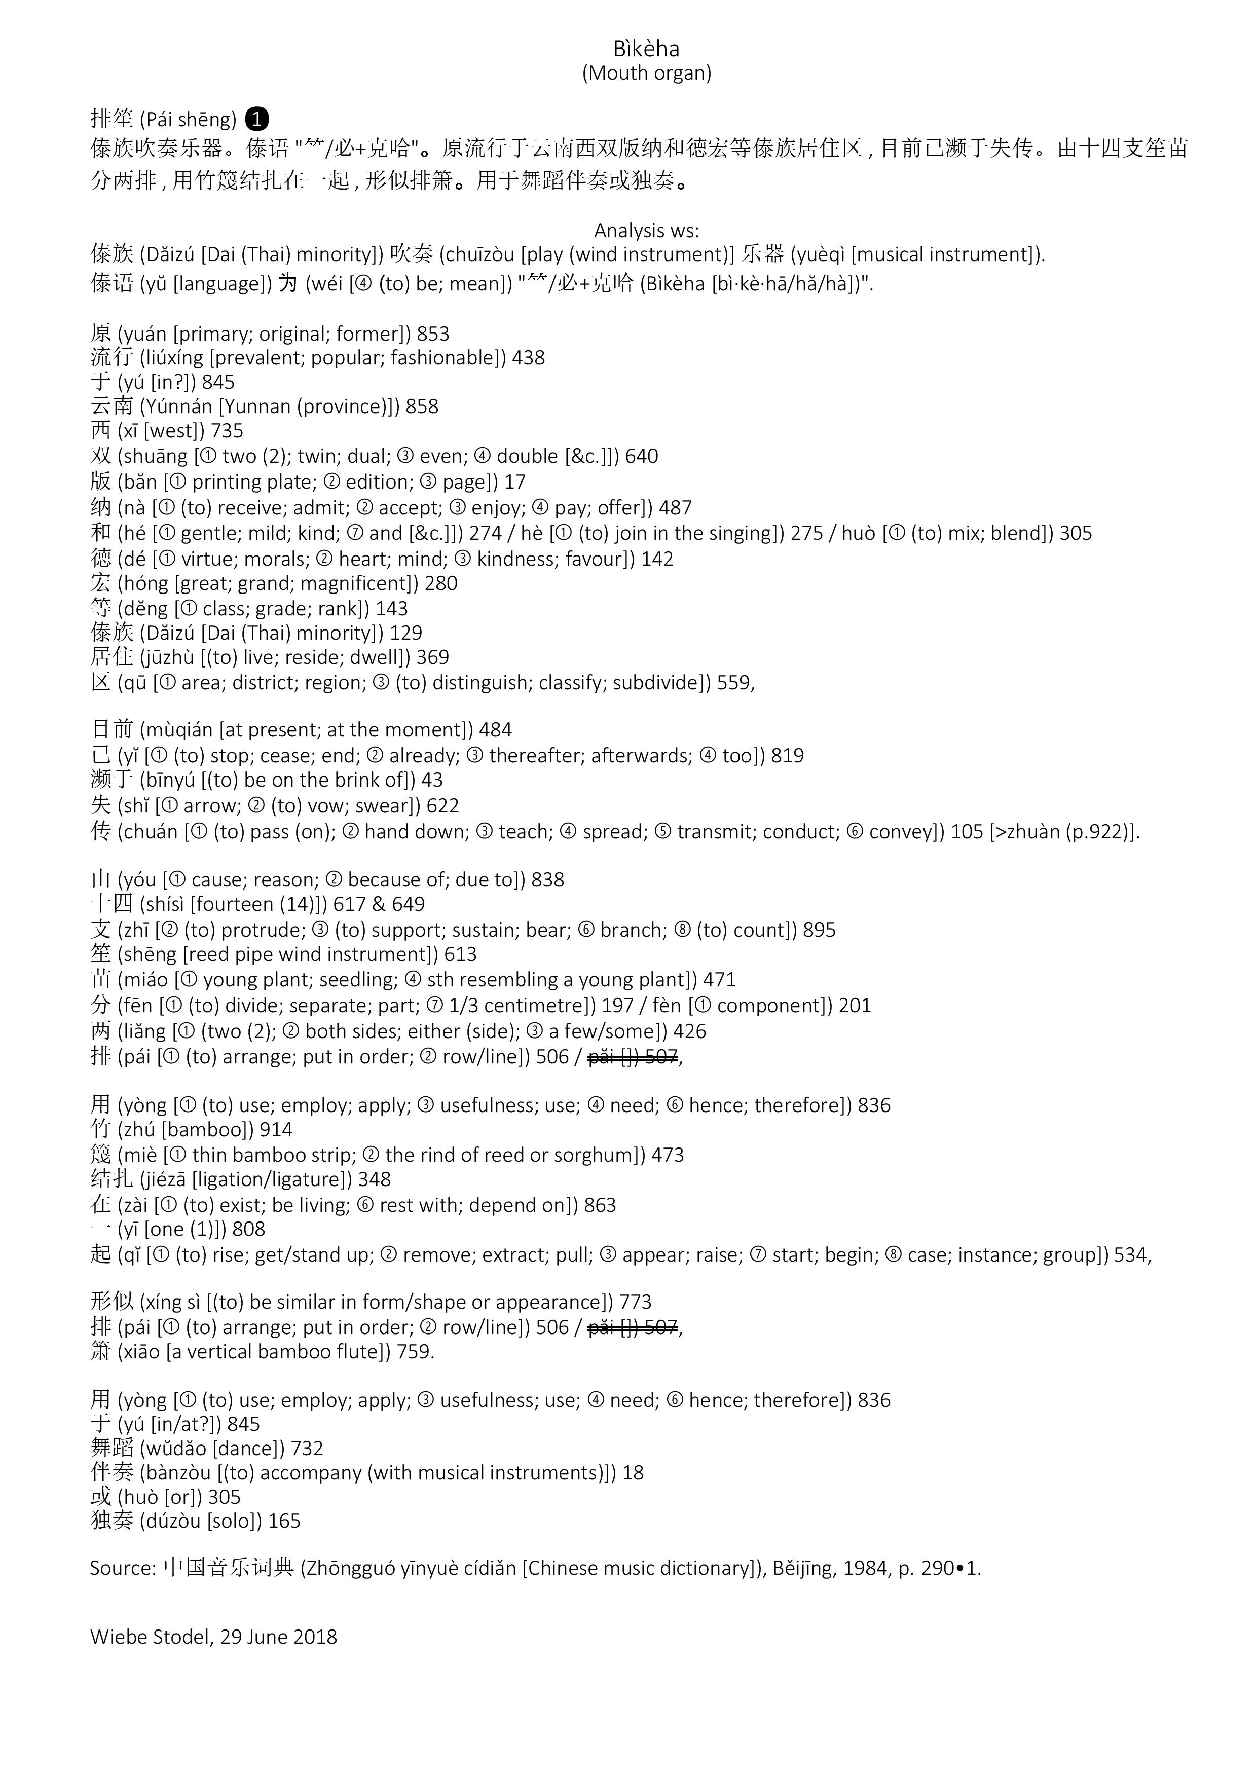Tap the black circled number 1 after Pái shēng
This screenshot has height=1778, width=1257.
click(x=256, y=119)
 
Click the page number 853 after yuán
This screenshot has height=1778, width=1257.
click(x=433, y=334)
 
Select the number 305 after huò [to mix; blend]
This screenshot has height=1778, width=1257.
click(x=1075, y=534)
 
